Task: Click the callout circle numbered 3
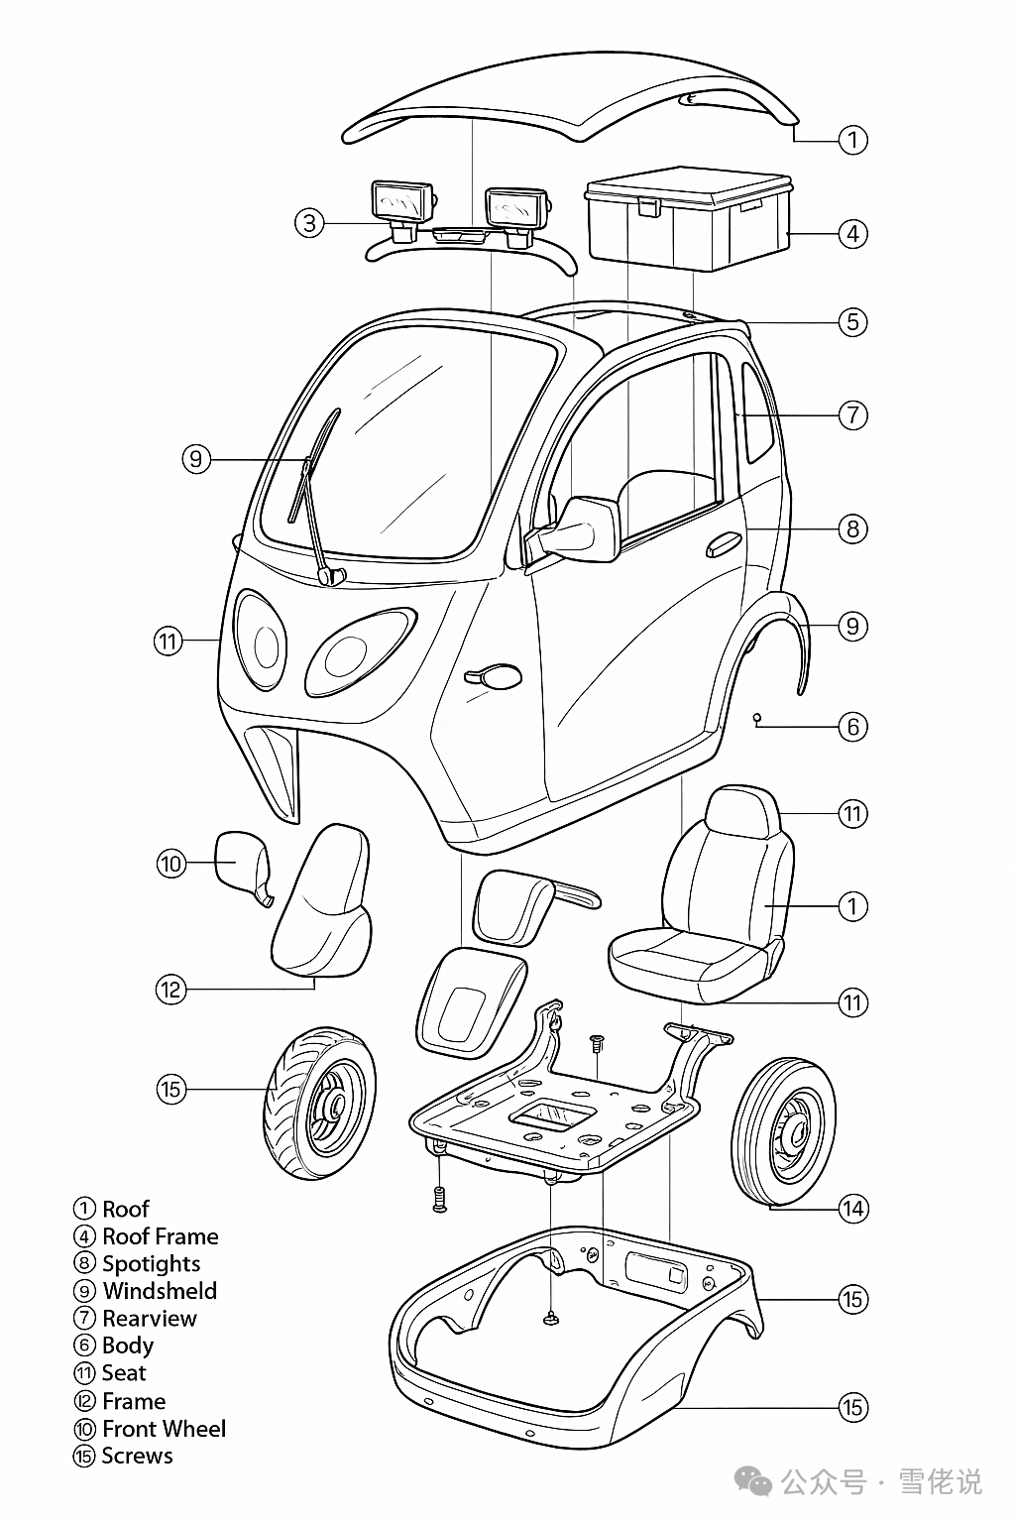[x=310, y=223]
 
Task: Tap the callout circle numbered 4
[x=852, y=234]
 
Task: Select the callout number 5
[x=852, y=322]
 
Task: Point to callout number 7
[x=852, y=414]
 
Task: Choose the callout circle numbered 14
[x=852, y=1208]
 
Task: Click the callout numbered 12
[x=171, y=990]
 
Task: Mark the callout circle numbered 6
[x=852, y=727]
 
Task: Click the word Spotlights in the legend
[x=151, y=1263]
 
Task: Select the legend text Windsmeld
[x=160, y=1291]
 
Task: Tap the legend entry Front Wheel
[x=164, y=1429]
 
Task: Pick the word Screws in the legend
[x=137, y=1456]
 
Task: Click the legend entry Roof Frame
[x=160, y=1236]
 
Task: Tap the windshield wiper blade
[x=313, y=466]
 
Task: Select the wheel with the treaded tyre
[x=319, y=1104]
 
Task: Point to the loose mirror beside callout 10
[x=241, y=863]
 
